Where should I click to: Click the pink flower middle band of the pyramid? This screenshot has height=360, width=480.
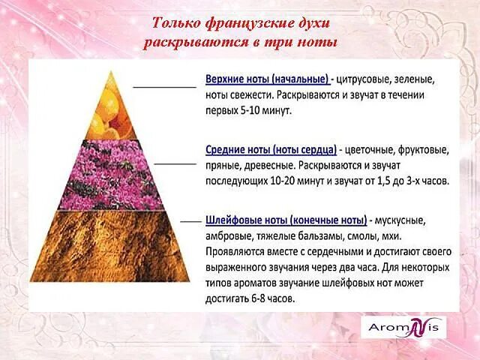pyautogui.click(x=112, y=173)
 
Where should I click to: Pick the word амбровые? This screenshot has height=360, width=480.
pyautogui.click(x=229, y=235)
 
